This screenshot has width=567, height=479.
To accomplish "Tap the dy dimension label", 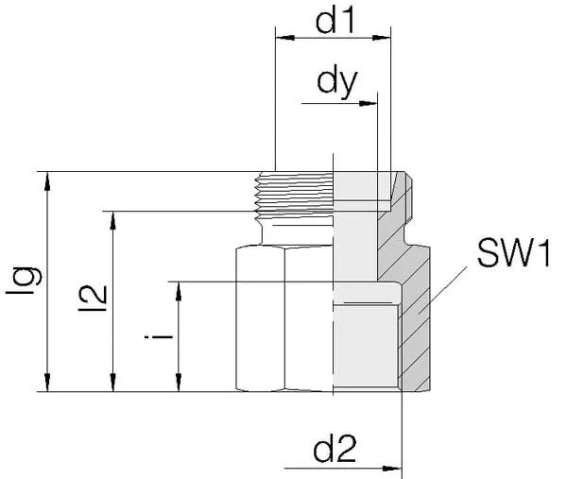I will tap(338, 82).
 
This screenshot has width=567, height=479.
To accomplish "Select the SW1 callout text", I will tap(512, 252).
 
